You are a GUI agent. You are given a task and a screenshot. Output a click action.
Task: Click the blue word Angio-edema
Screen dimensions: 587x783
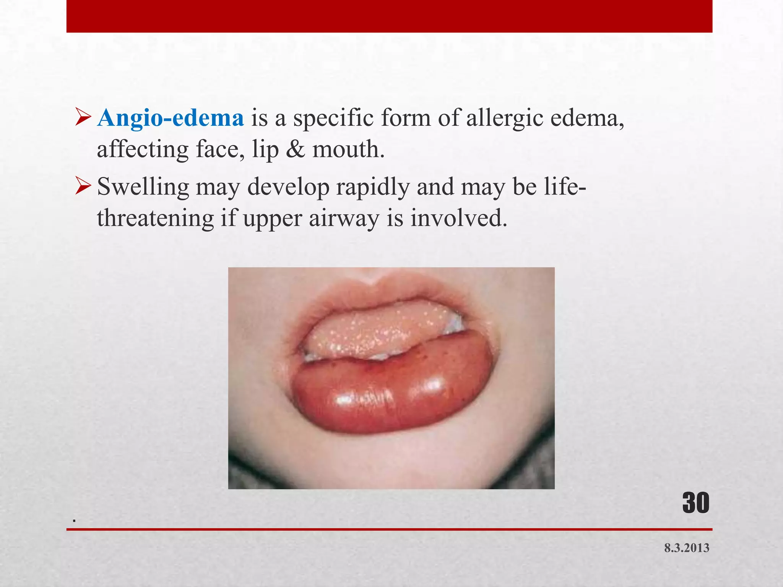[x=171, y=118]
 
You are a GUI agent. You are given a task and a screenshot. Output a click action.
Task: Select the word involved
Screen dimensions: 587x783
[x=459, y=219]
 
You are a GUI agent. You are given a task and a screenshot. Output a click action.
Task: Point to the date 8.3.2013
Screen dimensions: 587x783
[x=687, y=548]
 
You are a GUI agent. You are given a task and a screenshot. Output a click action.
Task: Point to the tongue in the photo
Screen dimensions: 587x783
[x=379, y=329]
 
